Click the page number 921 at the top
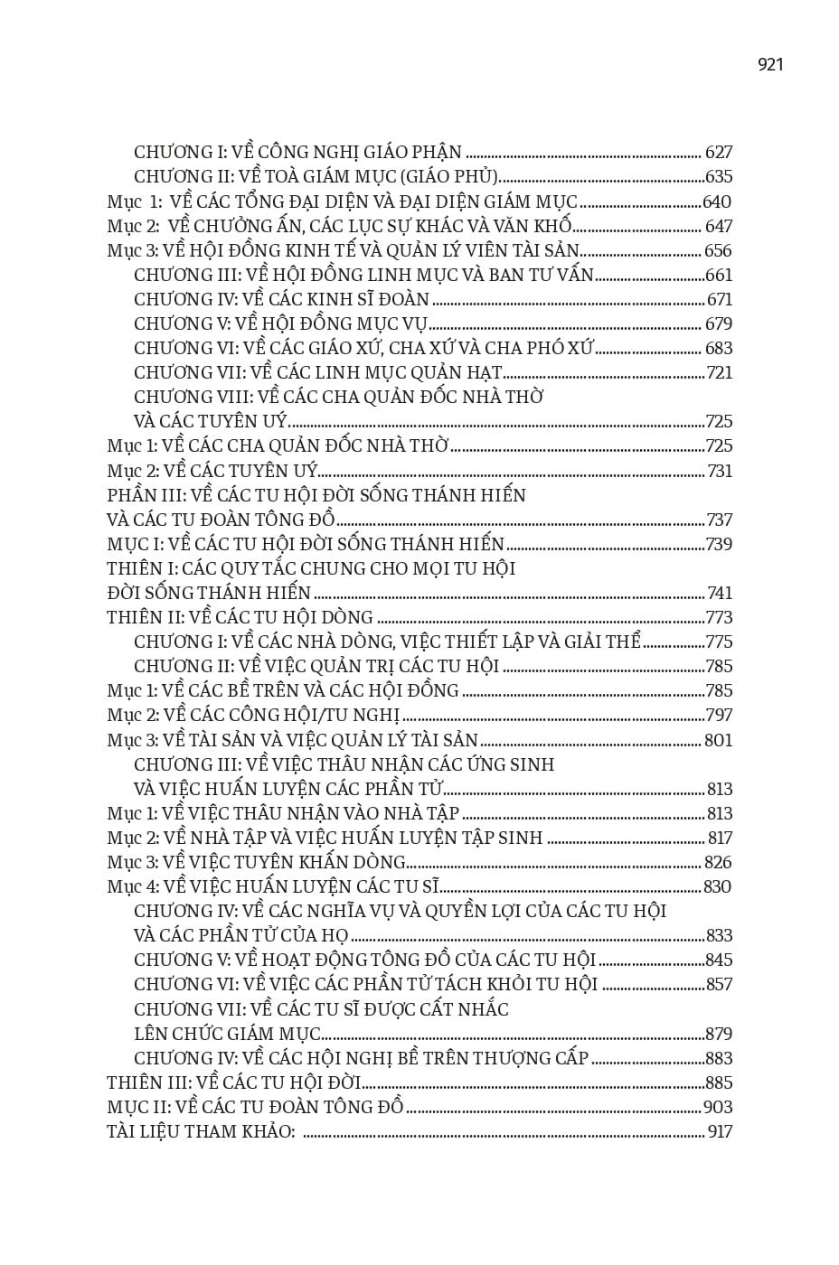770,64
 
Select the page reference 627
719,153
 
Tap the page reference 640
717,202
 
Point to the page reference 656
719,251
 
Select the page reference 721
719,373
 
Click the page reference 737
719,520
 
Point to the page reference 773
719,618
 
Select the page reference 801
719,741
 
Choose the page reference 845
719,960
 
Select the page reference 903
718,1108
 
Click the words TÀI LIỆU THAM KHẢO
201,1132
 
